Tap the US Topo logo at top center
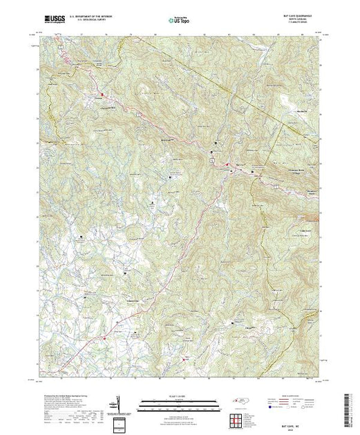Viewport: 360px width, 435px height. (180, 21)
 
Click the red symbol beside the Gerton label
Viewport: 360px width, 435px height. (104, 94)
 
